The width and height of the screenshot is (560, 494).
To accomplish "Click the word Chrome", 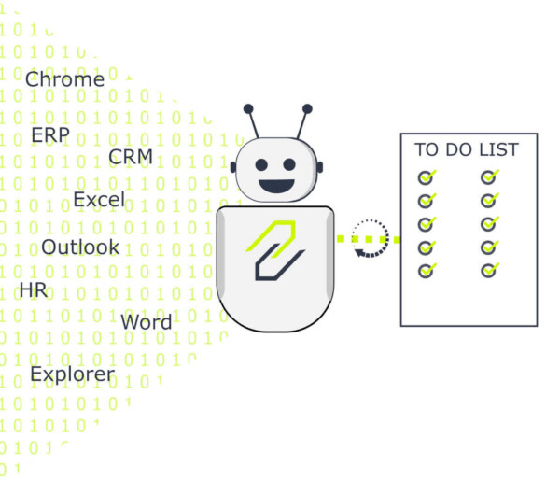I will pos(64,79).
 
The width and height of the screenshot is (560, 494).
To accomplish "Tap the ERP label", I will pos(49,134).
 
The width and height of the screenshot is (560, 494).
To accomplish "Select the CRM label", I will pos(130,156).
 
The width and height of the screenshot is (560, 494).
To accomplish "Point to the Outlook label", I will pos(80,247).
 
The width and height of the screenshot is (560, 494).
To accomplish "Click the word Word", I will pos(147,322).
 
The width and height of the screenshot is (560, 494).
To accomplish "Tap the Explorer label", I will pos(72,374).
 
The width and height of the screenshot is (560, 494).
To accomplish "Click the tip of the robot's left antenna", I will pos(248,108).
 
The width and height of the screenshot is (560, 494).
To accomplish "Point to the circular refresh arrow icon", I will pos(370,237).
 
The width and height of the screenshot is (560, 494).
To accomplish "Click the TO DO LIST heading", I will pos(467,149).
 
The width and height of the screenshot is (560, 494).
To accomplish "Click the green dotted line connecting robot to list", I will pos(364,240).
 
